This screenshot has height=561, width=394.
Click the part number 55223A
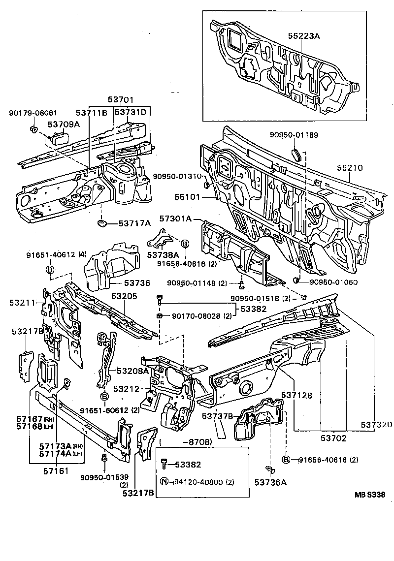tap(304, 35)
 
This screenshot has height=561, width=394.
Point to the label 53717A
tap(134, 223)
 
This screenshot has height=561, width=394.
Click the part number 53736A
tap(270, 482)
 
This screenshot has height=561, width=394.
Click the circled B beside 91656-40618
tap(286, 460)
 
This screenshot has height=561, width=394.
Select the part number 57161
tap(56, 470)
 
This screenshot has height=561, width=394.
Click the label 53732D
tap(376, 424)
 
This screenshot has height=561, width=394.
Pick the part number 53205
tap(124, 296)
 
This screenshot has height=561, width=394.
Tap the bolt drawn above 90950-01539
tap(104, 458)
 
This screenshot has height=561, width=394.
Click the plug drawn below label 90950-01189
tap(296, 154)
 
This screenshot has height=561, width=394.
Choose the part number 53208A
tap(132, 371)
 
